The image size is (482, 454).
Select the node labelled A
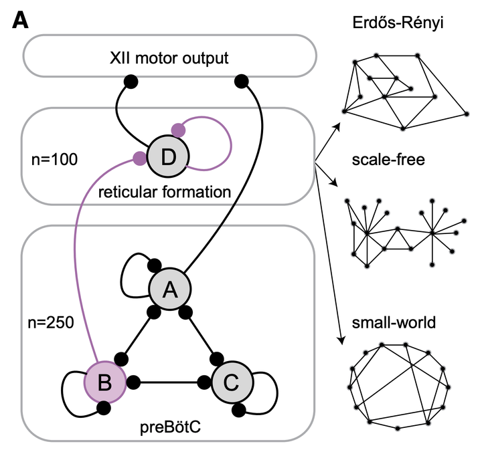170,289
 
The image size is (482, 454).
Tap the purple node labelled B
104,382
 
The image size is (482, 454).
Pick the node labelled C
229,382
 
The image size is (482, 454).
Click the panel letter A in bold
20,21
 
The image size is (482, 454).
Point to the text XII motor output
169,58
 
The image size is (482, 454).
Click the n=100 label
55,160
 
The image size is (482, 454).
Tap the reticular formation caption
164,193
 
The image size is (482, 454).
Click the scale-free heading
382,160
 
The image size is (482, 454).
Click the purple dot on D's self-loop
178,128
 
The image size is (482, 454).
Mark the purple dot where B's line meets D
139,158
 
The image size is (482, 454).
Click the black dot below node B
104,407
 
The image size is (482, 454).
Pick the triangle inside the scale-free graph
400,239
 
